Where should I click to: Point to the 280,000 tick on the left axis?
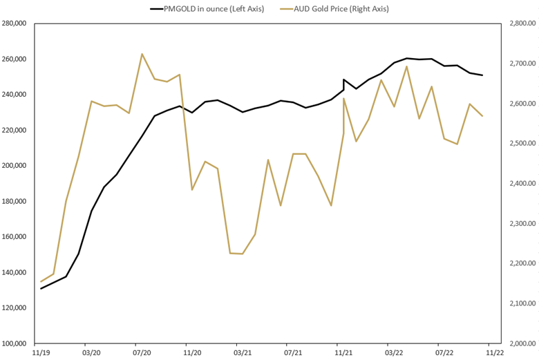pos(14,23)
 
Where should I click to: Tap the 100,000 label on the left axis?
pos(14,343)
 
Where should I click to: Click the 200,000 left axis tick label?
pos(14,166)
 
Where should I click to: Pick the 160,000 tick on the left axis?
pos(14,237)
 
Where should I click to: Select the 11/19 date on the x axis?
pos(41,352)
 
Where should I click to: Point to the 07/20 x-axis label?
pos(142,352)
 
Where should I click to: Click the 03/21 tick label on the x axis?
pos(243,352)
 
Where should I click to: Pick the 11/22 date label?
pos(495,352)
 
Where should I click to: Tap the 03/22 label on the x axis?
pos(394,352)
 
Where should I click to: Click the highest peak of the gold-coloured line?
pos(142,54)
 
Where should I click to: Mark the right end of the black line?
pos(482,75)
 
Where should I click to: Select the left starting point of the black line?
pos(41,288)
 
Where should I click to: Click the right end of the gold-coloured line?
pos(482,116)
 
